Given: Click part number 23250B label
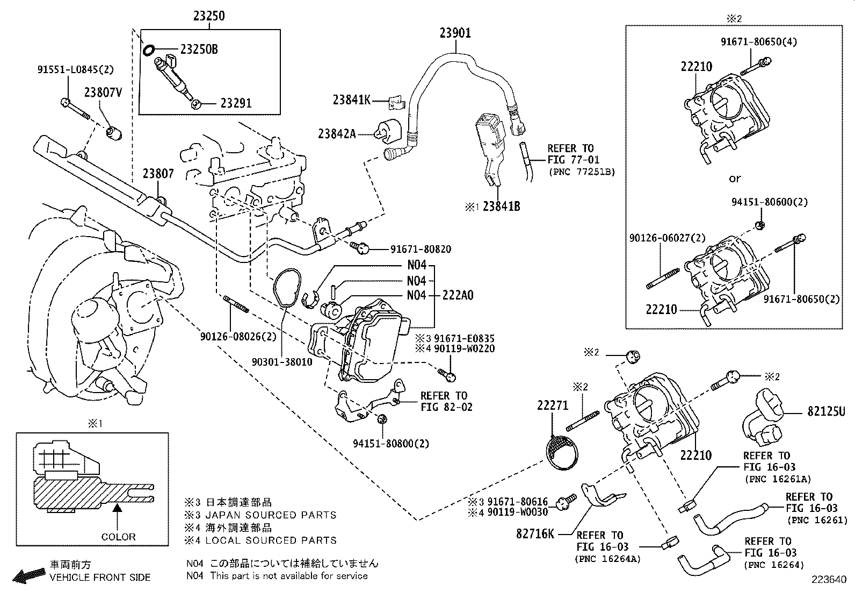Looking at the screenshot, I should (x=199, y=49).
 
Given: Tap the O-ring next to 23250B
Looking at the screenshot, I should (x=149, y=50).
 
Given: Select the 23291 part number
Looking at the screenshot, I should (x=236, y=103).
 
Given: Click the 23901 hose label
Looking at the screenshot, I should (x=455, y=33).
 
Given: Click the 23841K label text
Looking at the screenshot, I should (x=351, y=100).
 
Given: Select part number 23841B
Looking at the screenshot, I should (x=501, y=207).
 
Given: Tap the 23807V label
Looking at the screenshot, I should (x=103, y=92).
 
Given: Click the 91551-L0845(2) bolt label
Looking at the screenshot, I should (x=76, y=69).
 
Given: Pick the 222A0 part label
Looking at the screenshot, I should (x=458, y=295).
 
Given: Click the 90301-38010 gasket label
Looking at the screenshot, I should (x=282, y=362).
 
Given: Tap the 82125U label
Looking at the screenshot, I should (x=826, y=412).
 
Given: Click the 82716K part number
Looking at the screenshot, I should (x=535, y=533).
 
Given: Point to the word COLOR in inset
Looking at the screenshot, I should (x=118, y=537).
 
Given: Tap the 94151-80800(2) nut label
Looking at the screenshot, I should (x=391, y=444).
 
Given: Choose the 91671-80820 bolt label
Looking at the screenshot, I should (x=421, y=249).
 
